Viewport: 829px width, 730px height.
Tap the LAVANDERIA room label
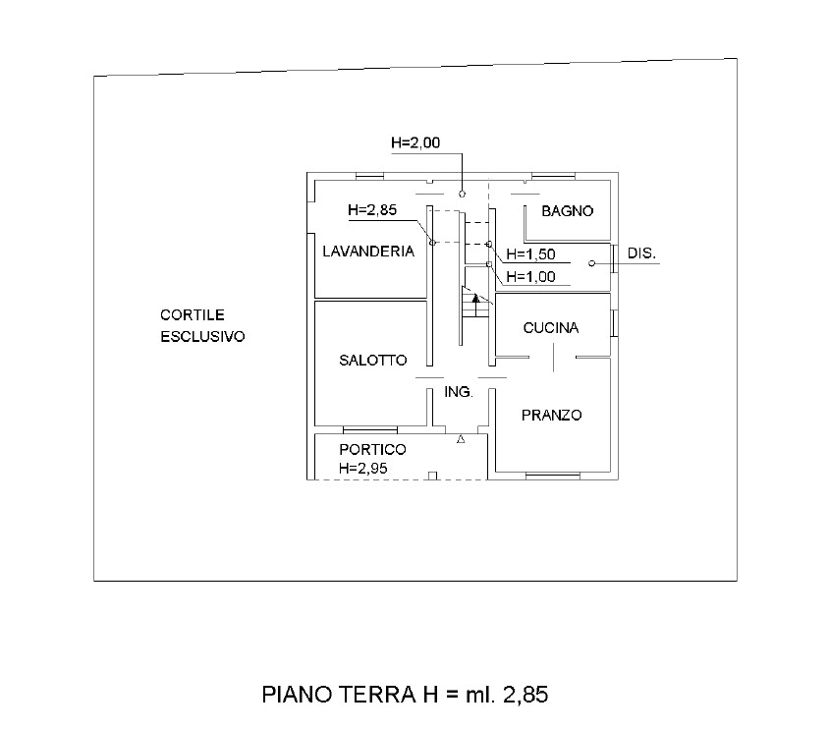[368, 252]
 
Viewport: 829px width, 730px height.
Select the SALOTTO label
[372, 361]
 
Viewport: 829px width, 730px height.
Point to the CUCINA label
[550, 328]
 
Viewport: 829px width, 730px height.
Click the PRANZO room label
[551, 416]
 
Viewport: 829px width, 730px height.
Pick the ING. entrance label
[459, 391]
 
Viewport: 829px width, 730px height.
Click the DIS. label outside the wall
[641, 253]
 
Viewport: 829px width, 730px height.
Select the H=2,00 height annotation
[414, 142]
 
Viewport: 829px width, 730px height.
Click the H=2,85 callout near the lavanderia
[371, 210]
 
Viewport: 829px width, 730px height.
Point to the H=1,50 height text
[531, 254]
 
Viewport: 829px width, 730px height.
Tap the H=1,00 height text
[531, 277]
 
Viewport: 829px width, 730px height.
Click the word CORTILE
[193, 315]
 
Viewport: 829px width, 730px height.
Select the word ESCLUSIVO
[202, 336]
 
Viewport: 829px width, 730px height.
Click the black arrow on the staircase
[474, 299]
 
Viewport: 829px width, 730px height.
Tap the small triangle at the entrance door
[461, 440]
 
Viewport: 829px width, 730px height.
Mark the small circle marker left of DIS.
[591, 262]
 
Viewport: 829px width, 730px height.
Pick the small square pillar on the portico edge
[432, 477]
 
